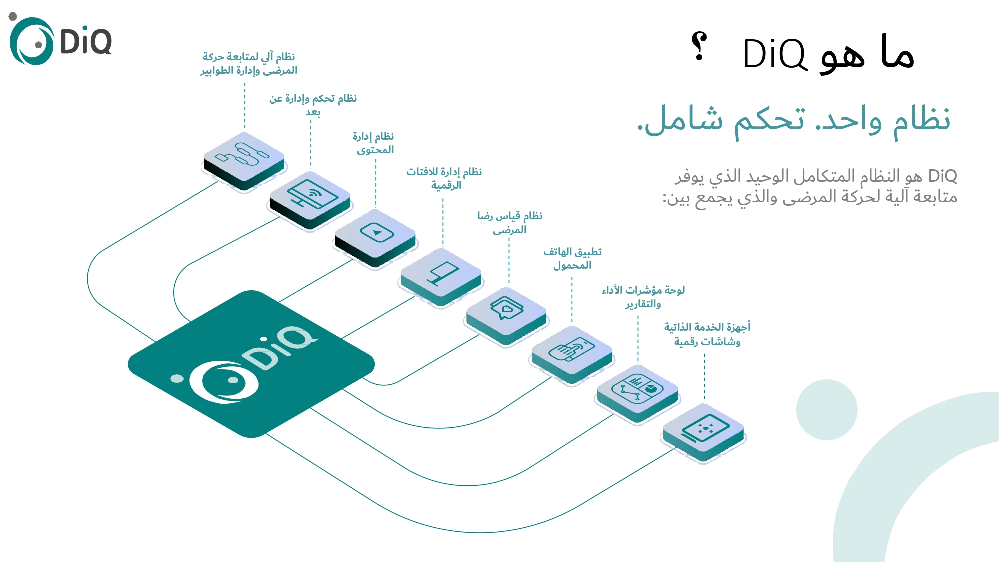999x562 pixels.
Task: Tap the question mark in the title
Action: [x=699, y=47]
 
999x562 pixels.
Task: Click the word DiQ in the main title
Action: [x=774, y=54]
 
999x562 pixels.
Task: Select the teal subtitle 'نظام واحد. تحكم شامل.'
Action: [x=794, y=120]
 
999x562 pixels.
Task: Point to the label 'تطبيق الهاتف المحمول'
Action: [x=572, y=258]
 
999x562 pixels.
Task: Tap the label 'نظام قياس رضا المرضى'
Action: [x=509, y=222]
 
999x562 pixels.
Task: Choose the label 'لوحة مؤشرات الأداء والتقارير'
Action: [x=643, y=297]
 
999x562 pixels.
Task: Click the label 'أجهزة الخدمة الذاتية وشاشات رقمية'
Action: [x=707, y=334]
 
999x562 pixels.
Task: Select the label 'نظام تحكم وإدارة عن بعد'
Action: [x=313, y=104]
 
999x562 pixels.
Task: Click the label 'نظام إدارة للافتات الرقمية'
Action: [x=444, y=178]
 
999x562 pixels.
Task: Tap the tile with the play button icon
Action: [x=376, y=235]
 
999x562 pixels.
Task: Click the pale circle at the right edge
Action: [x=827, y=410]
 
